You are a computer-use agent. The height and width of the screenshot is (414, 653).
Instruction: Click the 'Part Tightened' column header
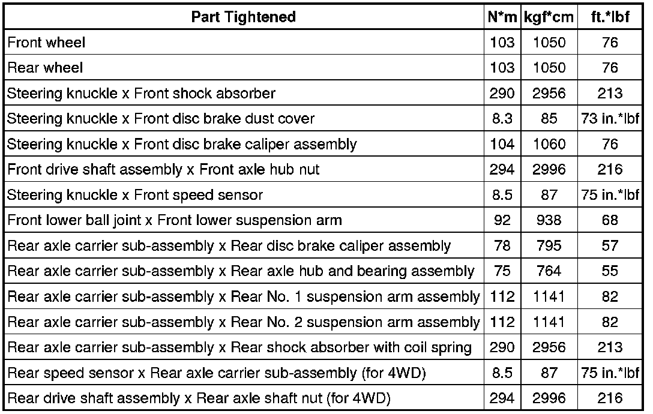click(243, 17)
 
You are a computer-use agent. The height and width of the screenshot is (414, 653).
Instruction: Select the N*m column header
click(501, 17)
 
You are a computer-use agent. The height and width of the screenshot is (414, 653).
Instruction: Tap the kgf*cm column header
click(549, 17)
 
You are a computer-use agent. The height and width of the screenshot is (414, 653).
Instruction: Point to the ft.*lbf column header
click(610, 17)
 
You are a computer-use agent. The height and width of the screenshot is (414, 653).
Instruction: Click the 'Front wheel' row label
click(46, 43)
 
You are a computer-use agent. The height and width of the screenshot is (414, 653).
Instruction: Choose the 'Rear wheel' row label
click(45, 68)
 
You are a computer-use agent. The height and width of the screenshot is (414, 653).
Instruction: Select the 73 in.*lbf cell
click(610, 119)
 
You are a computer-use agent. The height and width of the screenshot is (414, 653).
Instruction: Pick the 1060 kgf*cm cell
click(549, 144)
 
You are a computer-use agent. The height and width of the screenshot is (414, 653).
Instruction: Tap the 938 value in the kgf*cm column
click(549, 220)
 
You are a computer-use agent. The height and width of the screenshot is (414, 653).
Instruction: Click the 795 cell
click(549, 245)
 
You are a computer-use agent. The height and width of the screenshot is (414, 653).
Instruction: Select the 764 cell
click(549, 271)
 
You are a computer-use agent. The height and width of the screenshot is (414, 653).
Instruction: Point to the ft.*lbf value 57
click(610, 245)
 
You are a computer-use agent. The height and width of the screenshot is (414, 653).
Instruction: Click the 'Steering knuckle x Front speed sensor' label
click(135, 195)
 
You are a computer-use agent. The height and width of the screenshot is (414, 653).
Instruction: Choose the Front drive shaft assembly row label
click(163, 170)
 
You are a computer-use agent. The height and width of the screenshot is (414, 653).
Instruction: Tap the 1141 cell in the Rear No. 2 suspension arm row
click(549, 322)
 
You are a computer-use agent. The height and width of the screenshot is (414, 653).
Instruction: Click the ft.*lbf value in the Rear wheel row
click(610, 68)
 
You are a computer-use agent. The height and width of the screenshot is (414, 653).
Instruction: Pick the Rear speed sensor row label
click(216, 373)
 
